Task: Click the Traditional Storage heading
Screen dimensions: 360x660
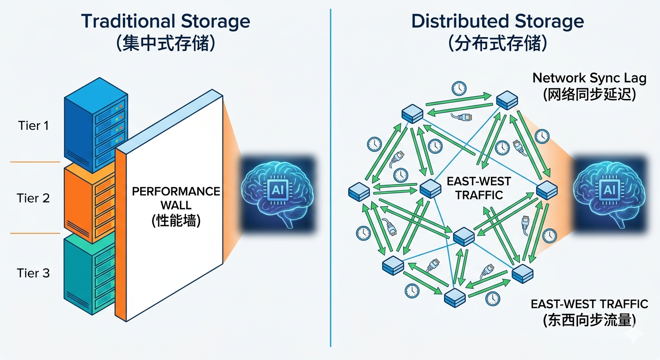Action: coord(165,22)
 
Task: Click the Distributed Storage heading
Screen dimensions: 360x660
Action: coord(497,22)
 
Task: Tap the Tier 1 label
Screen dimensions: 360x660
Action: coord(33,126)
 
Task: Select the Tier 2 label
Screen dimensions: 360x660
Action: coord(33,198)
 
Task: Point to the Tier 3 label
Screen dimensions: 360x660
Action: coord(33,273)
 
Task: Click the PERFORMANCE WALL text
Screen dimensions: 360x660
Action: coord(176,198)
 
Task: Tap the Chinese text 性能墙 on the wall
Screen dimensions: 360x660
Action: coord(176,220)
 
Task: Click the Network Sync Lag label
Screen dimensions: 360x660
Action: coord(589,78)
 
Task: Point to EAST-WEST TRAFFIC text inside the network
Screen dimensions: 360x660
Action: coord(479,187)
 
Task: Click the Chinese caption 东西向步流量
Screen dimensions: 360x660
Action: coord(589,320)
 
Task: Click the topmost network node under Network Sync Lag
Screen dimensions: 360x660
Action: coord(507,100)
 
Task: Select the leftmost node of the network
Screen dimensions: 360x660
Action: coord(360,192)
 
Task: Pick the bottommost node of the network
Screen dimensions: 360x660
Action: coord(454,296)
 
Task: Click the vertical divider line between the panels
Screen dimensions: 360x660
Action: coord(330,178)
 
